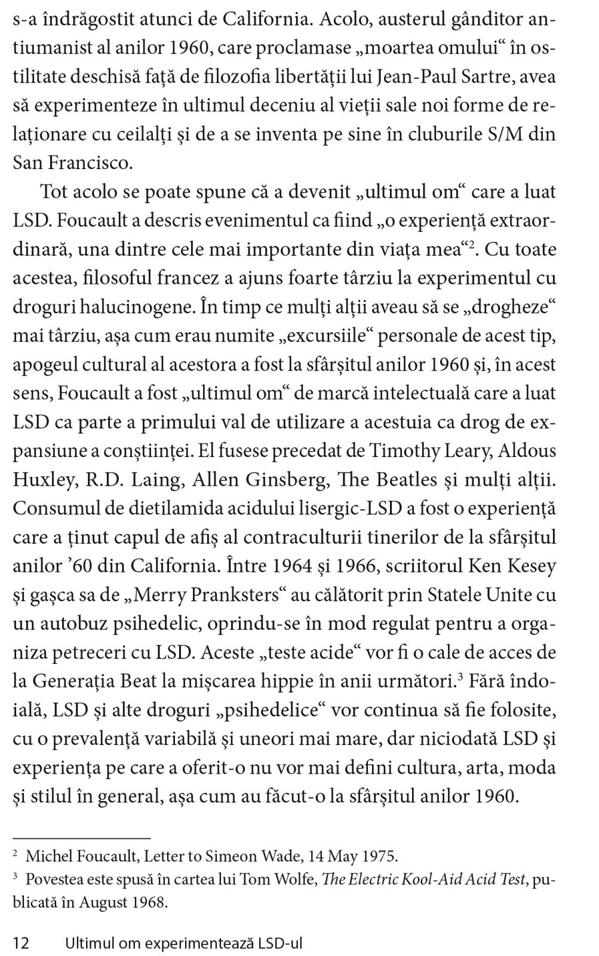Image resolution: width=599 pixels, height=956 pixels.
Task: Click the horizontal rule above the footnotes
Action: tap(81, 838)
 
